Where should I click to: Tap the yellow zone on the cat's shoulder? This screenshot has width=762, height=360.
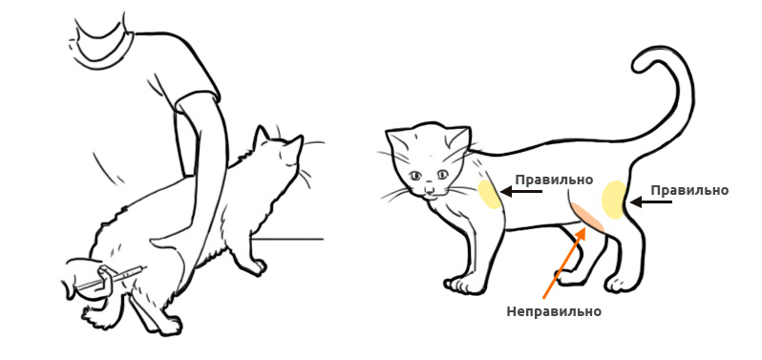tap(489, 195)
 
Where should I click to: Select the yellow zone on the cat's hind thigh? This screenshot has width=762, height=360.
tap(614, 200)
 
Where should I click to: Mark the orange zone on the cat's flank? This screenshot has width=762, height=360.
tap(587, 216)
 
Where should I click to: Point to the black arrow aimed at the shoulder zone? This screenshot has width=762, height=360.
tap(521, 191)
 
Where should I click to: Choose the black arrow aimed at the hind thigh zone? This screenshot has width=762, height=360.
tap(651, 201)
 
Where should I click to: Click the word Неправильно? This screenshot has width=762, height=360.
tap(554, 311)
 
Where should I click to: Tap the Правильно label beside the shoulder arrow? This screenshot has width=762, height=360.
tap(554, 180)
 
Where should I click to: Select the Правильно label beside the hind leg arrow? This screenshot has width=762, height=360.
tap(689, 190)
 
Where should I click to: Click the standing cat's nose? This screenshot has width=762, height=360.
tap(430, 188)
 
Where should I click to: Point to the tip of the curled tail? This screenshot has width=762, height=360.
tap(638, 66)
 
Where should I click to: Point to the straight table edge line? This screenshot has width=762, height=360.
tap(286, 239)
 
